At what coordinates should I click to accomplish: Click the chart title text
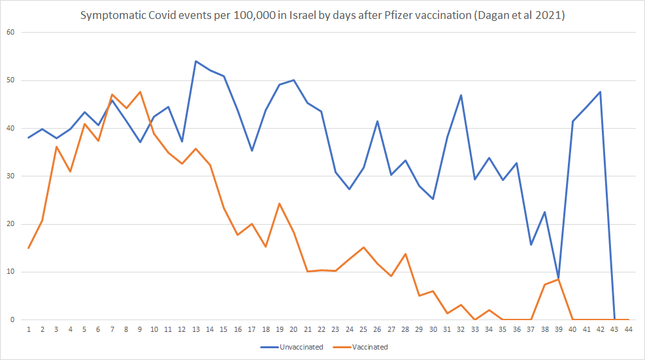(322, 14)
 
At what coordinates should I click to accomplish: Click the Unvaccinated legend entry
(293, 347)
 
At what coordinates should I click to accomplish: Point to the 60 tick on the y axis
(10, 32)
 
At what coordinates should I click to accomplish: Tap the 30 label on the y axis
(10, 176)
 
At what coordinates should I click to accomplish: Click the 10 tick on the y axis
(10, 272)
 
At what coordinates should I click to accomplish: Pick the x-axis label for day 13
(196, 329)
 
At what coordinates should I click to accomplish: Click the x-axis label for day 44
(628, 329)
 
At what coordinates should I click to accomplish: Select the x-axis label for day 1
(29, 329)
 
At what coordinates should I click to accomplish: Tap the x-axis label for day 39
(558, 329)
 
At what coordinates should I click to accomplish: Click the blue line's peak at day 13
(196, 61)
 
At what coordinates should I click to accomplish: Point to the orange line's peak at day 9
(140, 92)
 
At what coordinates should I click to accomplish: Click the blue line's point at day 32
(461, 95)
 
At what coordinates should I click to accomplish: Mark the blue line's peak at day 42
(600, 92)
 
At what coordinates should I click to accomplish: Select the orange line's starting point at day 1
(29, 248)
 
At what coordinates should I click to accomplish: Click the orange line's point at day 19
(280, 204)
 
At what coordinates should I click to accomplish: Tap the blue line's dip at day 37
(531, 244)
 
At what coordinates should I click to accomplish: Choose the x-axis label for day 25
(363, 329)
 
